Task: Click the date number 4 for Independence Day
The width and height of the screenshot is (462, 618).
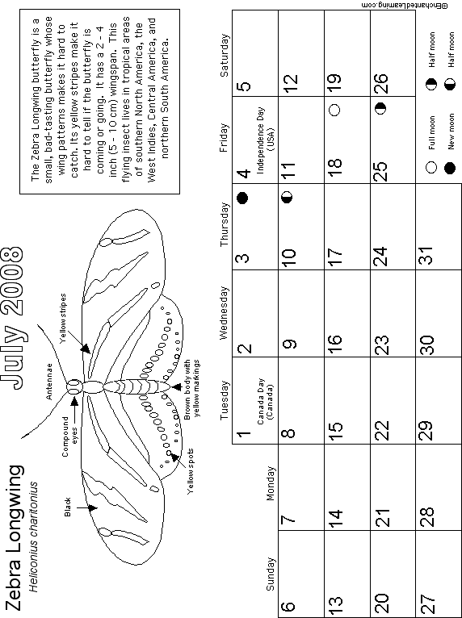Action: (x=245, y=173)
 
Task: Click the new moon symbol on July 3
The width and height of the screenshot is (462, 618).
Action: (x=242, y=198)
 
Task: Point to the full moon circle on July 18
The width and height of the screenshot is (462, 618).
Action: (x=334, y=110)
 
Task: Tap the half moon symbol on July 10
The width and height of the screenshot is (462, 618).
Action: (x=288, y=196)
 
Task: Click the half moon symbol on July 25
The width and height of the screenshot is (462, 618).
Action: (x=380, y=108)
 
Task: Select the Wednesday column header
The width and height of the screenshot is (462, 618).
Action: (x=223, y=313)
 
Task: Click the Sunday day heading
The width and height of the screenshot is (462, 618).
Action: (x=270, y=574)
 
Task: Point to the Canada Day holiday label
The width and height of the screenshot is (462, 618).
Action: (x=265, y=402)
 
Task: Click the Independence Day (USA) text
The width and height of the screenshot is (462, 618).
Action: (x=265, y=130)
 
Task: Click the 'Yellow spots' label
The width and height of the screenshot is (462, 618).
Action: (x=190, y=471)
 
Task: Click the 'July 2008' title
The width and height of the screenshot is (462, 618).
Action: (x=13, y=318)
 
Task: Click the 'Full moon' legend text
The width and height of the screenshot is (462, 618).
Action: (x=431, y=132)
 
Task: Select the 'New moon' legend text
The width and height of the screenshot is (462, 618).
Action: (x=451, y=132)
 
